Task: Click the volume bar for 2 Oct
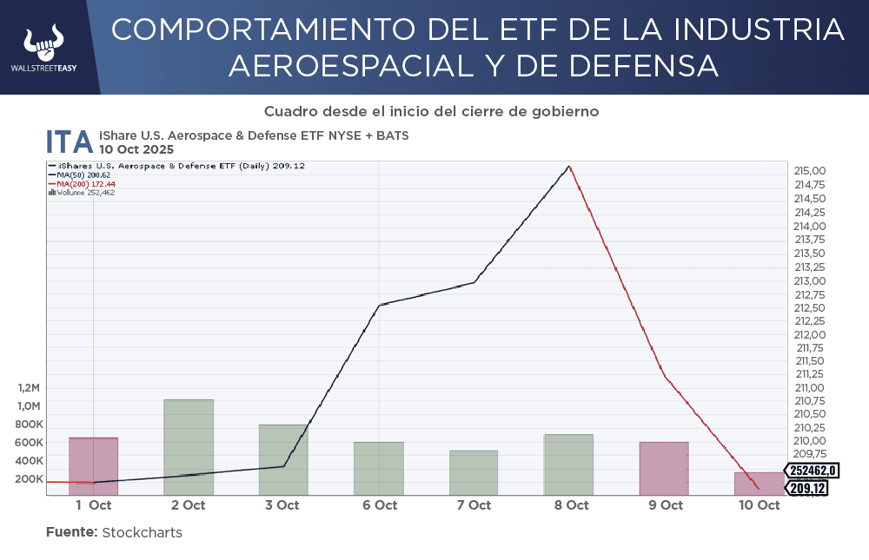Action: [189, 446]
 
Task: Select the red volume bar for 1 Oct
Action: [93, 465]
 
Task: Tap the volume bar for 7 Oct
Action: [474, 471]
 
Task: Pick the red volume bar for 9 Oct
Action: [664, 467]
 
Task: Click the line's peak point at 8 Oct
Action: [568, 166]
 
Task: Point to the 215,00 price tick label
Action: [810, 171]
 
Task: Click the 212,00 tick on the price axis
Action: [810, 334]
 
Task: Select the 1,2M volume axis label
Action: [30, 387]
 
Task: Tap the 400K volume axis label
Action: [30, 460]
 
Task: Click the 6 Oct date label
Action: [379, 505]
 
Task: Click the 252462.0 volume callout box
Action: [814, 471]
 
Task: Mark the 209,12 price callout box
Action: [809, 489]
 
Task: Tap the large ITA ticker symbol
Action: [70, 143]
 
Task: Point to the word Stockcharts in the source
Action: [142, 532]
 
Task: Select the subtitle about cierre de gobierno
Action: [432, 112]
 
